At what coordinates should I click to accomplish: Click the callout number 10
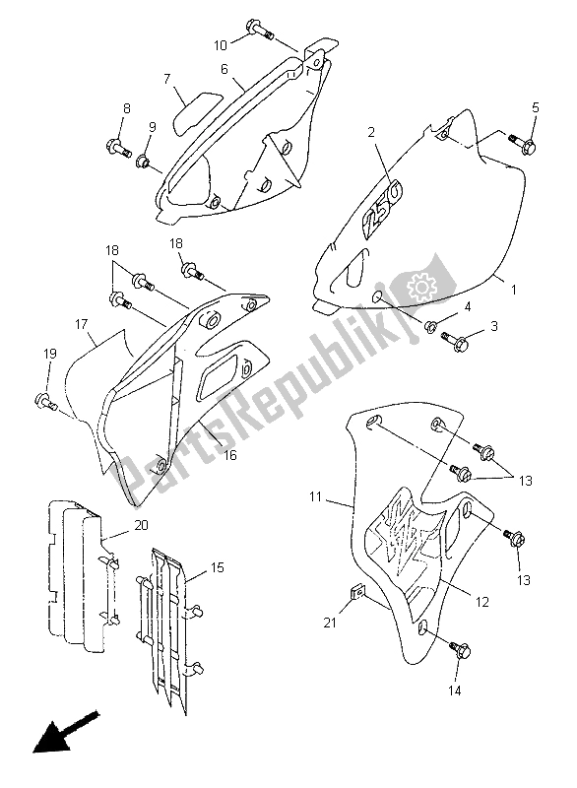point(221,44)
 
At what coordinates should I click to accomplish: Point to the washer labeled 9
point(145,161)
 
